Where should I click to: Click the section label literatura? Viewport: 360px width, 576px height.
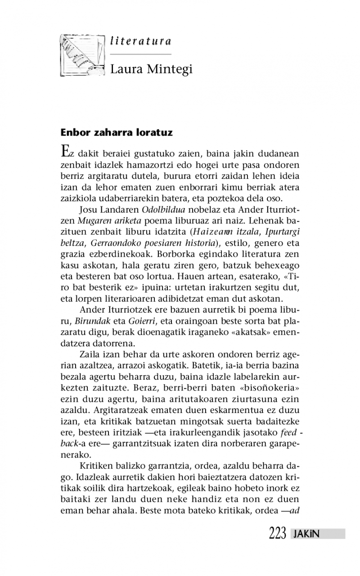140,41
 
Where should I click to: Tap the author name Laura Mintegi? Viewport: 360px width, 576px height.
151,69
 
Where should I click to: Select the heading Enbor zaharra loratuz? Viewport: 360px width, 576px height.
117,133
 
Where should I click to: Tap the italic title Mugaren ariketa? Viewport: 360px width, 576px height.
103,221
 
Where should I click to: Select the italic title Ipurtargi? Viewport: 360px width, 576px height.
282,232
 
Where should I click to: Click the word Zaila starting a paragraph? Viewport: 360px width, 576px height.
89,354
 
